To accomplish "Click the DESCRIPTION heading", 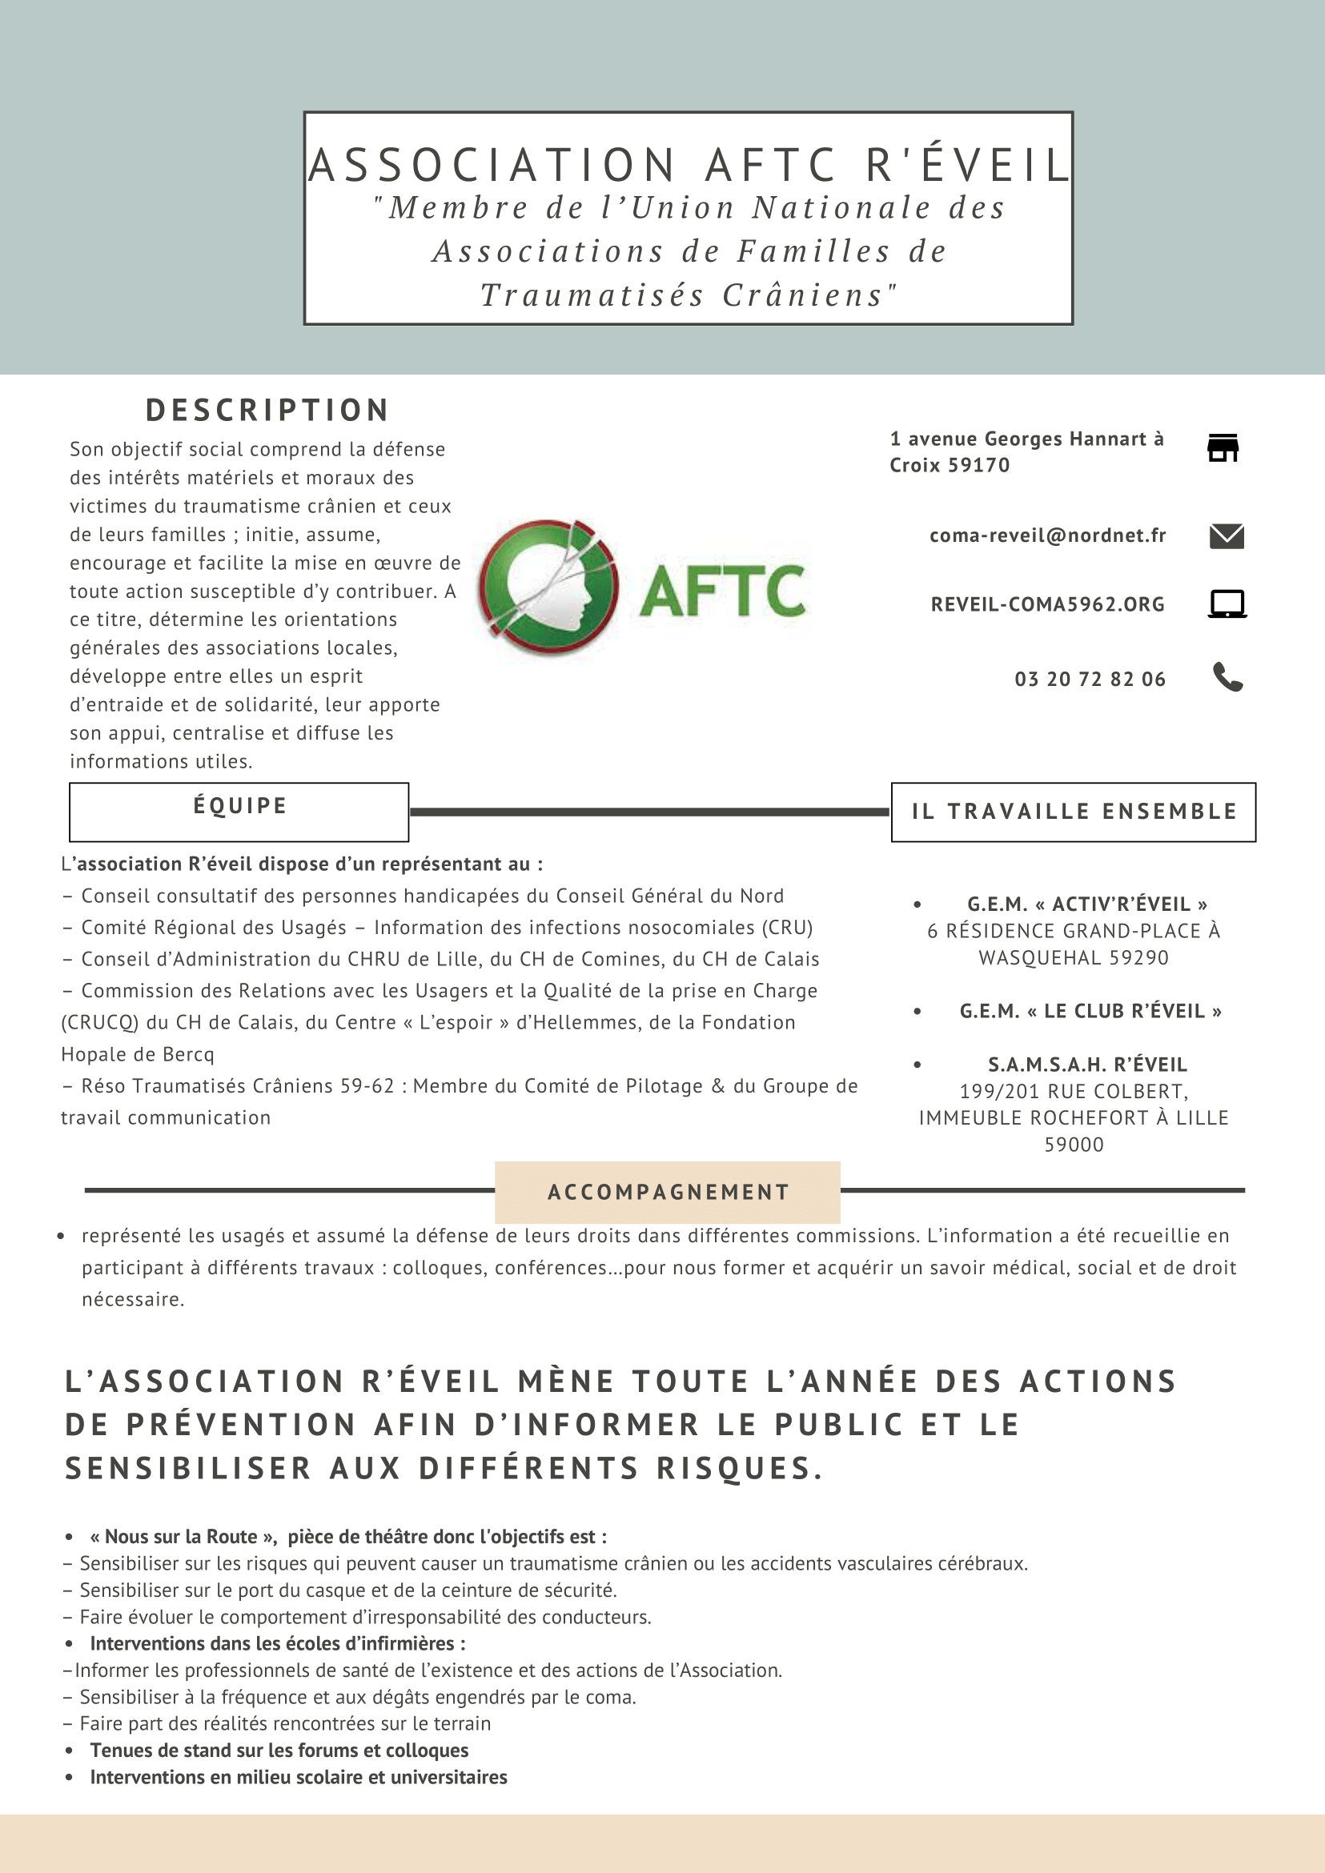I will click(x=267, y=411).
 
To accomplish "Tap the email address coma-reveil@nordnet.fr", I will click(x=1048, y=535).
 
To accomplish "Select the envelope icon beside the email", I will click(x=1227, y=536).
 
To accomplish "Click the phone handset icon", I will click(x=1227, y=677).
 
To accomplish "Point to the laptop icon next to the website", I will click(x=1227, y=604).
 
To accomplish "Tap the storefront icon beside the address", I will click(x=1223, y=448).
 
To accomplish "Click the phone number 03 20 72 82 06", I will click(x=1090, y=679).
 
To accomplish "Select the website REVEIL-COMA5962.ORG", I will click(x=1048, y=604).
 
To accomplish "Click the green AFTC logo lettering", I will click(x=722, y=592).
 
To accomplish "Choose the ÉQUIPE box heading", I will click(x=240, y=806).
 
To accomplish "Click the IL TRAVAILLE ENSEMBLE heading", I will click(x=1074, y=812).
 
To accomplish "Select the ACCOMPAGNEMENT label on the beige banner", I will click(x=669, y=1193).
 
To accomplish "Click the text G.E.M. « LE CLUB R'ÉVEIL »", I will click(x=1090, y=1012).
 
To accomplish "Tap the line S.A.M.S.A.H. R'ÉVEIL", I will click(x=1086, y=1065).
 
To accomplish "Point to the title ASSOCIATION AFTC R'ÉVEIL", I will click(x=688, y=165).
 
